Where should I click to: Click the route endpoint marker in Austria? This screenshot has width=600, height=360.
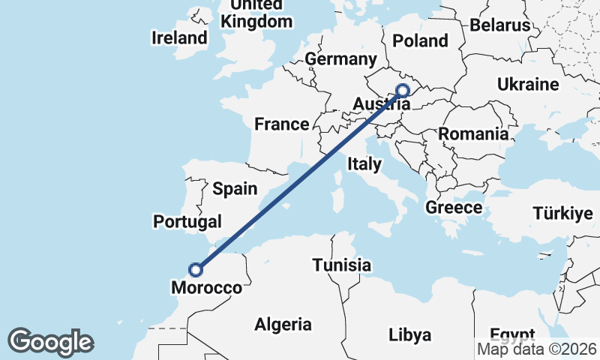coord(403,91)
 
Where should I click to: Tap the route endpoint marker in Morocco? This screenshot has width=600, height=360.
coord(196,269)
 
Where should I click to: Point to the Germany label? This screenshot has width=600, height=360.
coord(340,59)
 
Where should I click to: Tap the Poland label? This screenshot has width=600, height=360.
coord(420,41)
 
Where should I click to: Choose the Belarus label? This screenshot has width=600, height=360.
coord(499,25)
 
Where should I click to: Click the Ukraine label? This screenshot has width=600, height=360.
coord(527,85)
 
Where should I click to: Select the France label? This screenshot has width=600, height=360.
coord(281,124)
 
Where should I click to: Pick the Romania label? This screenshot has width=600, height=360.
coord(473,134)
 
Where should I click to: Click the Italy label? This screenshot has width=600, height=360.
coord(364,163)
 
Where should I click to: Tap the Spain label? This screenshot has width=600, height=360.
coord(235,189)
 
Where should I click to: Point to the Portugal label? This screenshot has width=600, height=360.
coord(187,221)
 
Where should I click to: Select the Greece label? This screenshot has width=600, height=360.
coord(453,207)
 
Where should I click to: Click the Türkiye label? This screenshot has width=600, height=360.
coord(562,214)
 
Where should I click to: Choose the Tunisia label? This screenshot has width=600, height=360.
coord(342,265)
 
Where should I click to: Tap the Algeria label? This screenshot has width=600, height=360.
coord(283,325)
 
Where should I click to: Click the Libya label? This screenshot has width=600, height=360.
coord(409,334)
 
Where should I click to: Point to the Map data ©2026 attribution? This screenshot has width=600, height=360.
coord(538,349)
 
